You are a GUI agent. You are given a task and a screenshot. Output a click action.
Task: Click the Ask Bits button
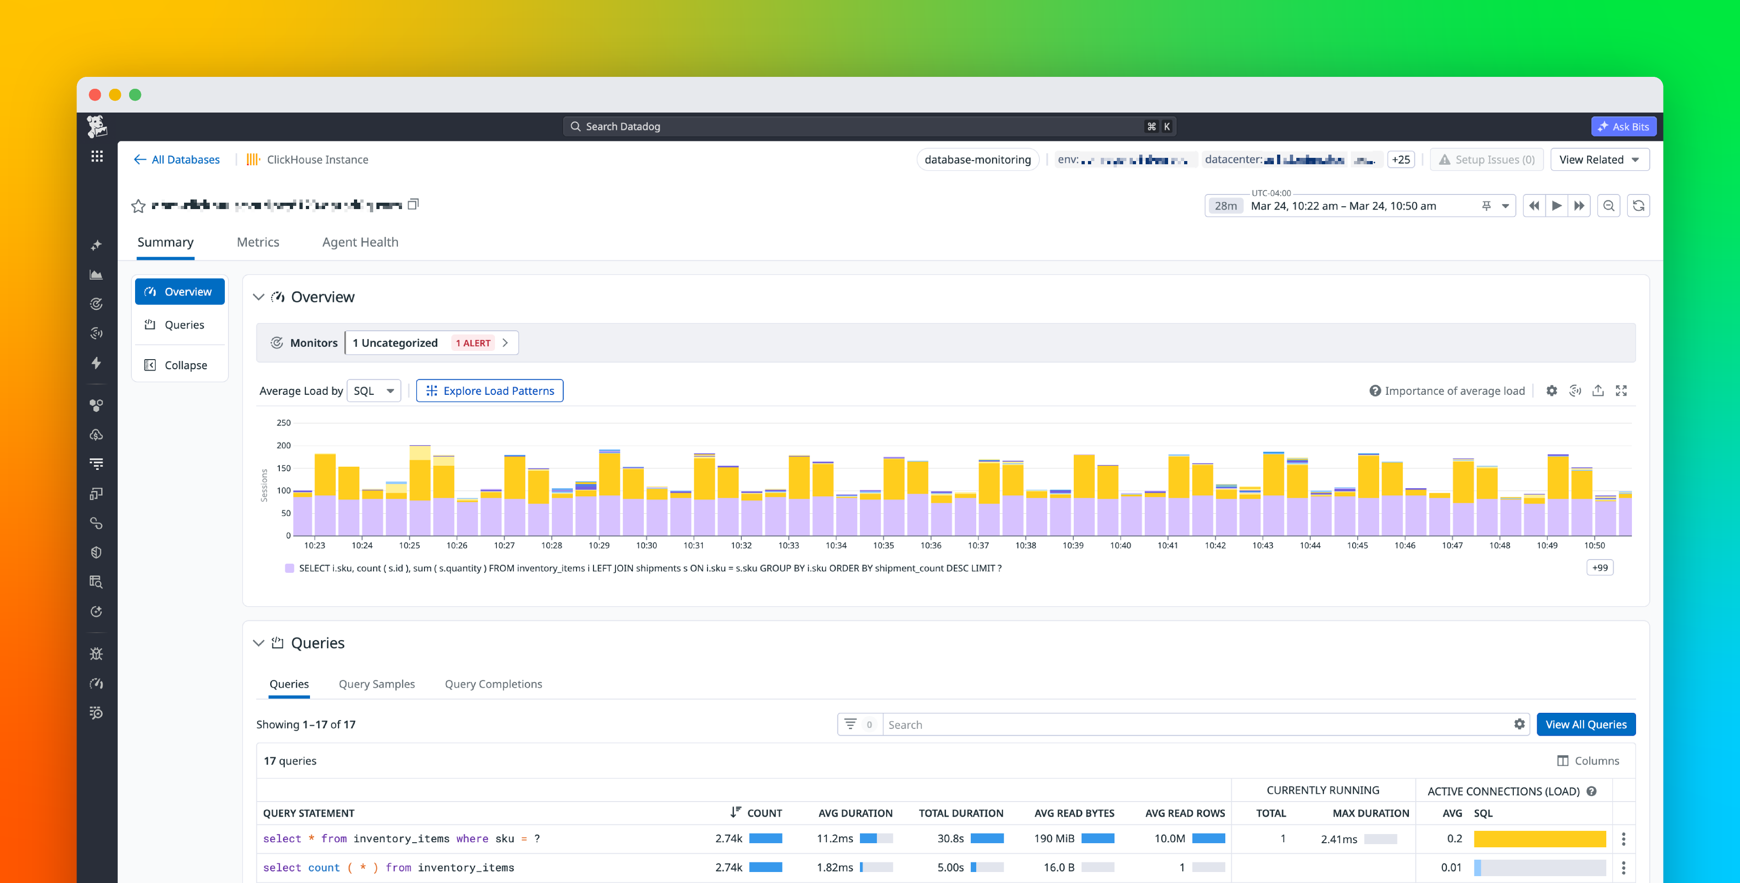1623,126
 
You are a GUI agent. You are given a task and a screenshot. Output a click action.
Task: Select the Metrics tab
257,242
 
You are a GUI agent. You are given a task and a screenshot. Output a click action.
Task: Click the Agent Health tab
360,242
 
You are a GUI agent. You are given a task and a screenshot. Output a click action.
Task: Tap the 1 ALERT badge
473,343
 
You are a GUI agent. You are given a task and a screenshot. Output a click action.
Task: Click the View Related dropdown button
1599,159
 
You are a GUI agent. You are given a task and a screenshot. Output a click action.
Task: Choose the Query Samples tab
376,684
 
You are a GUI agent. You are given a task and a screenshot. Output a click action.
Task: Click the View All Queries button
1585,724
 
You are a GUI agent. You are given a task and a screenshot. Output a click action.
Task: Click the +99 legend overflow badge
1599,568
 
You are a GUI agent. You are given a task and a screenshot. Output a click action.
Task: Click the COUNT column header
764,813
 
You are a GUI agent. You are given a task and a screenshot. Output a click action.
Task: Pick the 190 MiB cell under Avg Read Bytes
1054,839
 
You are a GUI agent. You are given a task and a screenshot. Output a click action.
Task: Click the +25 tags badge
1401,159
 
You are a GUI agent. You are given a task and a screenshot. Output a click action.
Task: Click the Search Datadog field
869,126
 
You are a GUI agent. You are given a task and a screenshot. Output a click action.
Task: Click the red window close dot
95,95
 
